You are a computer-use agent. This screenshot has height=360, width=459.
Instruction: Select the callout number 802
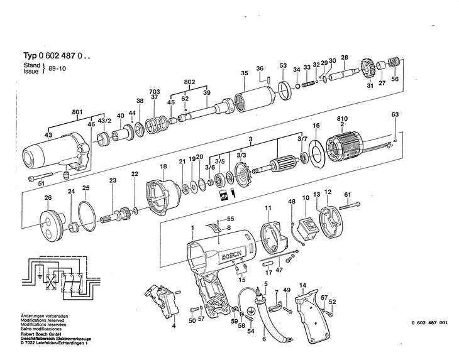(x=189, y=82)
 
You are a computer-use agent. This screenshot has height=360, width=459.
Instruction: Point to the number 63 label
(x=395, y=114)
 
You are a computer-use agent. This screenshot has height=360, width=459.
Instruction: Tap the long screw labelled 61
(x=350, y=205)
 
